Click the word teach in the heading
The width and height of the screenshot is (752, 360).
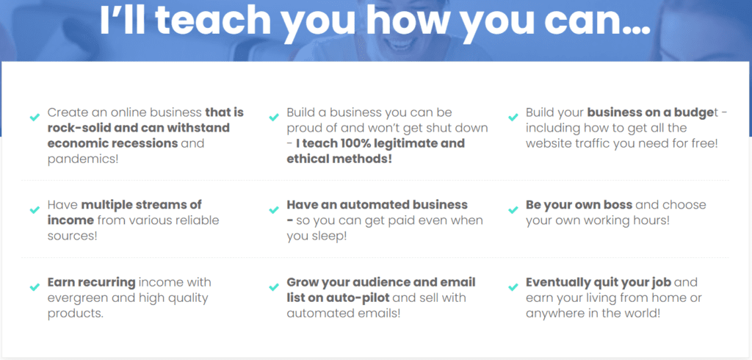pyautogui.click(x=213, y=20)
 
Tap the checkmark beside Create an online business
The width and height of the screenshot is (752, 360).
pyautogui.click(x=35, y=117)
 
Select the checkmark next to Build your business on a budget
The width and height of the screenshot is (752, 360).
pyautogui.click(x=513, y=117)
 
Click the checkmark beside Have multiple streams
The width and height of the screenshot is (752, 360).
pyautogui.click(x=35, y=210)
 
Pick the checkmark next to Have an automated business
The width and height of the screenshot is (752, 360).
pyautogui.click(x=274, y=210)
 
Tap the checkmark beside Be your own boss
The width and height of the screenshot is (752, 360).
pyautogui.click(x=513, y=210)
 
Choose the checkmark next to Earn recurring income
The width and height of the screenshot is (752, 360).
pyautogui.click(x=35, y=287)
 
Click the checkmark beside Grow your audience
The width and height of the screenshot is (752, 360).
pyautogui.click(x=274, y=287)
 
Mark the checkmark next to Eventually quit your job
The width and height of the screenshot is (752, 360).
pyautogui.click(x=513, y=287)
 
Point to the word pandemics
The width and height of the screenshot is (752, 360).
pyautogui.click(x=79, y=159)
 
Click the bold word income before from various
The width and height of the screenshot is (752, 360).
pyautogui.click(x=70, y=220)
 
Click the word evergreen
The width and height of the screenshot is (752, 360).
pyautogui.click(x=77, y=298)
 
